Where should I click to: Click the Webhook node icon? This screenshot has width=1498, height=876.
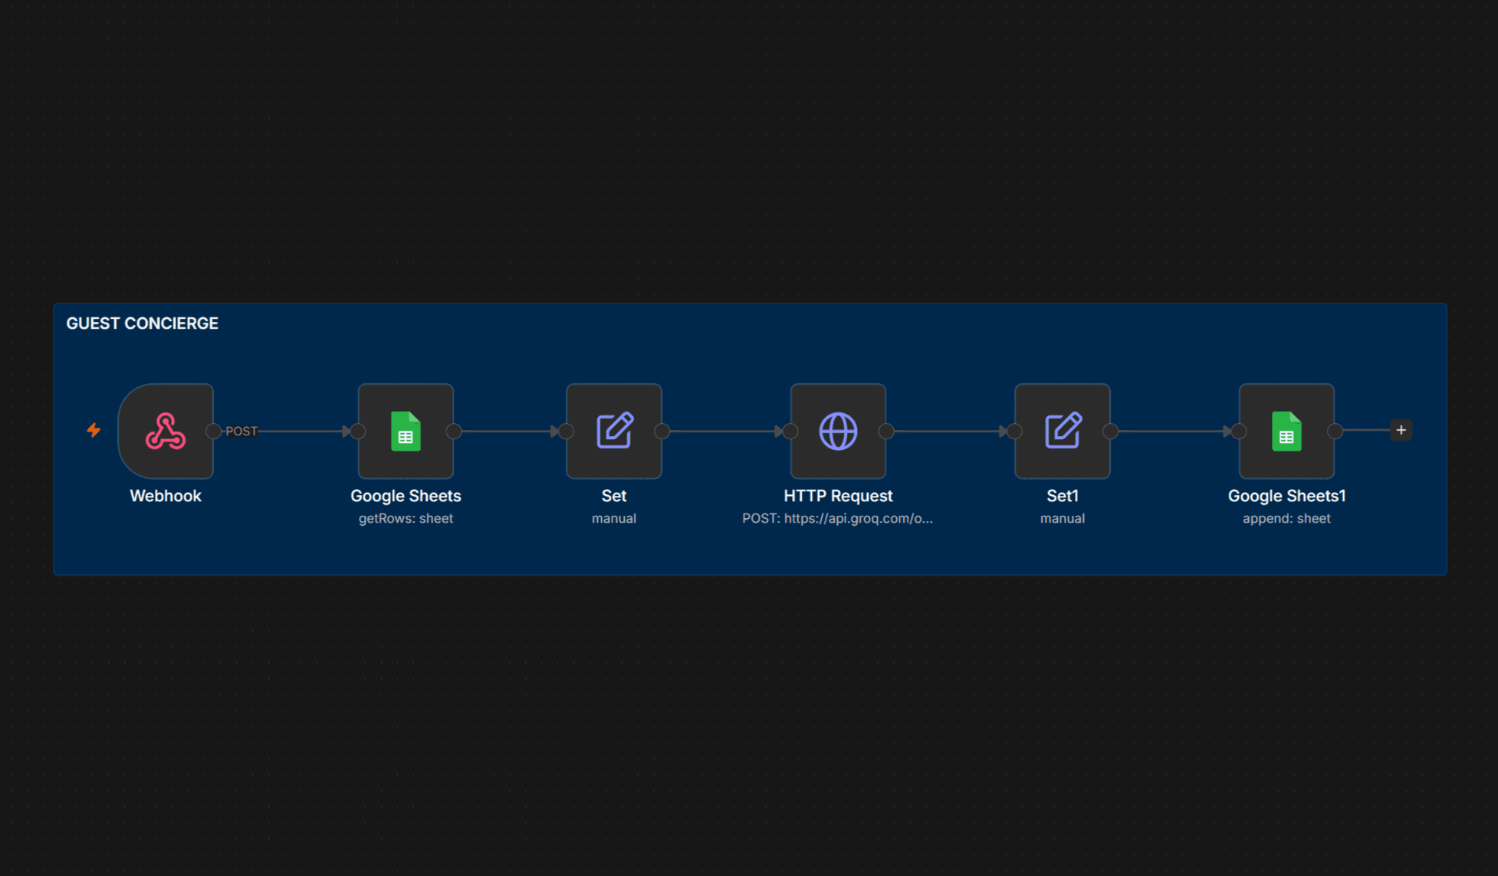166,431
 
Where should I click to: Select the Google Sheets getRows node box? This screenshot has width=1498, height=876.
406,431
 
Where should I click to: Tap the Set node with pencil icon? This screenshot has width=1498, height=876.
614,431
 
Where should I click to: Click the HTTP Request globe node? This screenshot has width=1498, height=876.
838,431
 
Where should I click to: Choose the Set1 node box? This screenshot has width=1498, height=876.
1063,431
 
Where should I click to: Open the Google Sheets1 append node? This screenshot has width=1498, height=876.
1286,431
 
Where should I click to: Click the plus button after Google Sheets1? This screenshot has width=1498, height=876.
1401,430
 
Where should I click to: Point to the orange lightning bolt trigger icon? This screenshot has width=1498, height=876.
94,430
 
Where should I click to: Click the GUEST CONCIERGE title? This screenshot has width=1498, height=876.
142,323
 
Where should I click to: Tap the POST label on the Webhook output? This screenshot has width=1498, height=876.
241,431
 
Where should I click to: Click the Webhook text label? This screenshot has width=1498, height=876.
166,496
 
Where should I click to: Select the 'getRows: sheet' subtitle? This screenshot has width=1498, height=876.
406,519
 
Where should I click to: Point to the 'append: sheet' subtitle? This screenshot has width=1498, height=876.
1286,519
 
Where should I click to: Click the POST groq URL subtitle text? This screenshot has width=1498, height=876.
837,519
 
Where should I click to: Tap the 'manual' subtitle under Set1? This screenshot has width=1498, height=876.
1063,519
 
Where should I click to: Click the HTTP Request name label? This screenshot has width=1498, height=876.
838,496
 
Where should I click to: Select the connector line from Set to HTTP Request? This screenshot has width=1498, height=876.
726,431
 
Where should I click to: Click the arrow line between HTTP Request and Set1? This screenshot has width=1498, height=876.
951,431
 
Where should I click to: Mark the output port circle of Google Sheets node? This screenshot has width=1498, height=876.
454,431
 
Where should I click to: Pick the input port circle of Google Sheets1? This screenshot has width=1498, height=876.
1239,431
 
